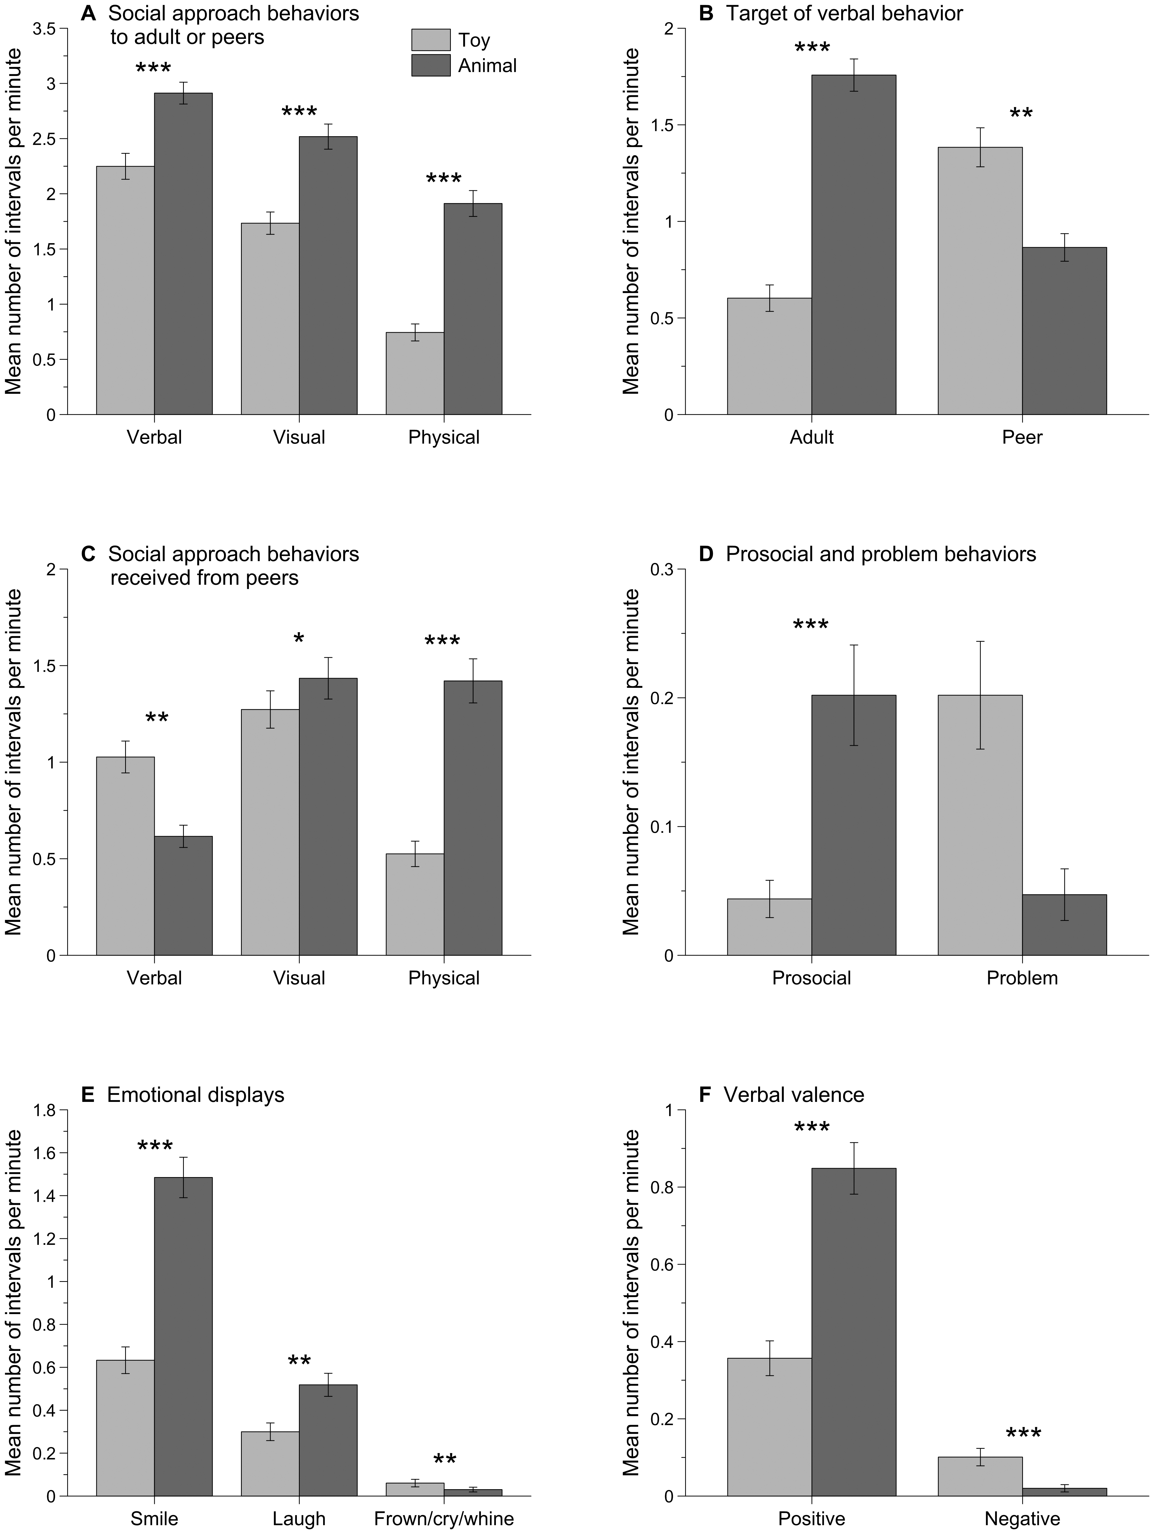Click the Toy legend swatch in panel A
click(431, 40)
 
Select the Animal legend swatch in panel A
click(431, 66)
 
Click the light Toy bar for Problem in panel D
click(980, 825)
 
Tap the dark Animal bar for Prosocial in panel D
click(854, 825)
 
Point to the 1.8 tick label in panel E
click(46, 1110)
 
